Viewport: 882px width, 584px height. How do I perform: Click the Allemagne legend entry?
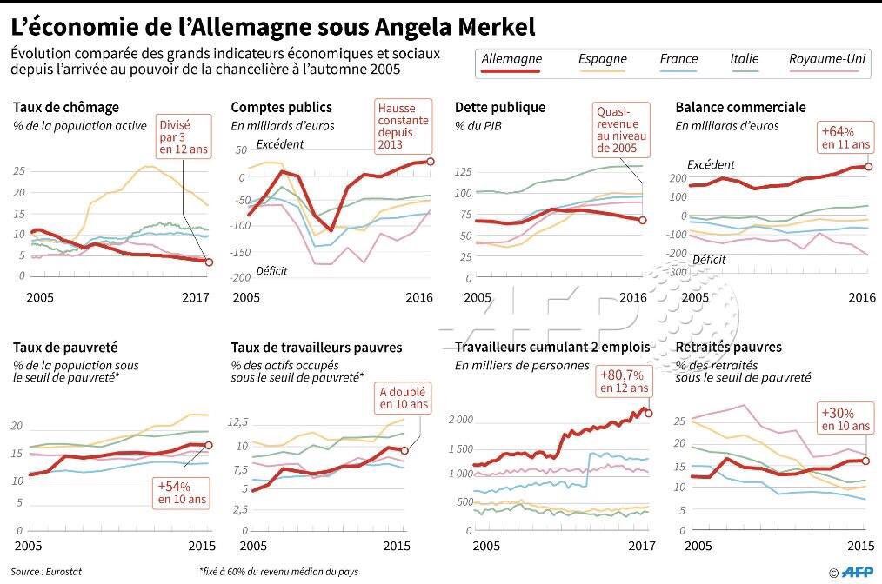point(511,59)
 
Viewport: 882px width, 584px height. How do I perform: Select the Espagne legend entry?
point(602,59)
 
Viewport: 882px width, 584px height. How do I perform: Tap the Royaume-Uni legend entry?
point(827,59)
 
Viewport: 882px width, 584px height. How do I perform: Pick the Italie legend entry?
point(745,59)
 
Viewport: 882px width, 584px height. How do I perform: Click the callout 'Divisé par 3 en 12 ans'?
point(183,136)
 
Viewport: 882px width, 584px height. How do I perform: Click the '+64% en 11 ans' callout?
point(844,137)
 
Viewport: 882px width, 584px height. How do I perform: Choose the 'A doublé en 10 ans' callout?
point(404,397)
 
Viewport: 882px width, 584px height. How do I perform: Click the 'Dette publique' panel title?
point(500,108)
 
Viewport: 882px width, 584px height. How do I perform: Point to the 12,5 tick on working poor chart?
point(237,421)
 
